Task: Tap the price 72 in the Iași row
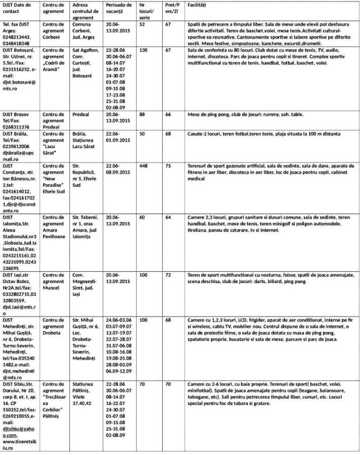pos(168,274)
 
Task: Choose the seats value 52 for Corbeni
pos(141,24)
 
